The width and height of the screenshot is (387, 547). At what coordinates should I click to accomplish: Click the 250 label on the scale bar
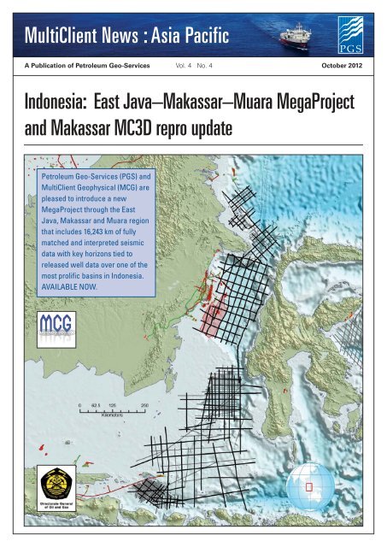(144, 404)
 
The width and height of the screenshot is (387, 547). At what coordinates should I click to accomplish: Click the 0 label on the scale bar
(79, 404)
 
